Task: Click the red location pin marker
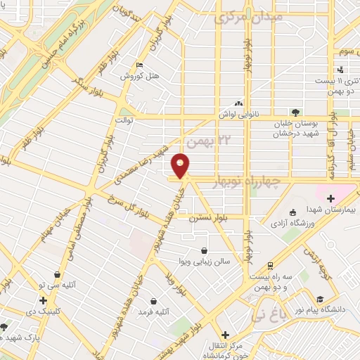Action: tap(181, 165)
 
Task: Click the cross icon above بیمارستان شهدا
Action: tap(330, 179)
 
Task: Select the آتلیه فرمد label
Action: tap(154, 311)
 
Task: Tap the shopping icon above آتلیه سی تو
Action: tap(57, 275)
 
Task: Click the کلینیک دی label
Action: tap(43, 310)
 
